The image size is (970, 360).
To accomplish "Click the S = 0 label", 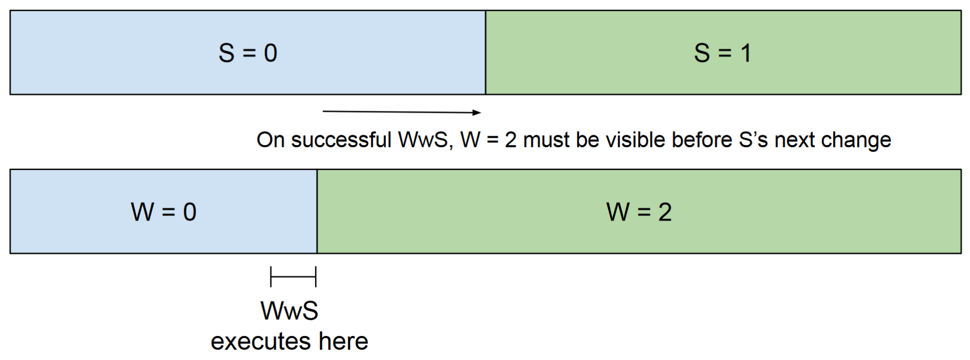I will [x=248, y=53].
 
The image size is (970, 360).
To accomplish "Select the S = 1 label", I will [x=722, y=53].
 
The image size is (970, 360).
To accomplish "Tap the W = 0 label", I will [x=163, y=212].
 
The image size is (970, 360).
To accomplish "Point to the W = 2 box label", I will [x=639, y=212].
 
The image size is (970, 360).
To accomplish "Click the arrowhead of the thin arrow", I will [x=477, y=112].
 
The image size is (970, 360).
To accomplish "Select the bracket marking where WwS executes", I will [x=293, y=277].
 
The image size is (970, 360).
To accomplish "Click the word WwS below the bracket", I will [x=289, y=310].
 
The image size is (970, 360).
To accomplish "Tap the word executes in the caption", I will [x=260, y=341].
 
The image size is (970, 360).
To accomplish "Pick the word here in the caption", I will [x=343, y=341].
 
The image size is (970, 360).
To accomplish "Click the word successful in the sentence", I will [x=341, y=140].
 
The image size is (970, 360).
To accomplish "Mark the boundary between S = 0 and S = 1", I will [x=486, y=53].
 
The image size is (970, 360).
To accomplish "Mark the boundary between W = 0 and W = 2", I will [x=317, y=212].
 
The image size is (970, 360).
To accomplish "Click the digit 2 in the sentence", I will [x=511, y=140].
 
